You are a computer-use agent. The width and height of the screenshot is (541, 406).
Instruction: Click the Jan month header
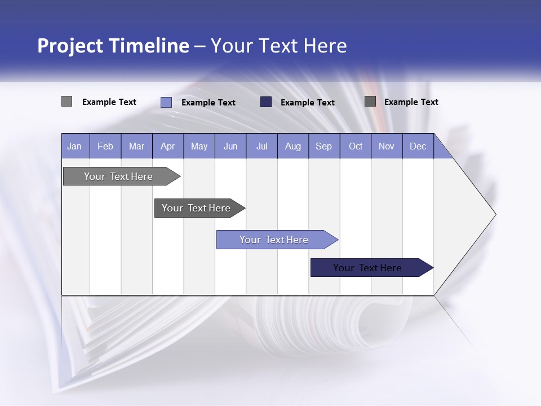(x=74, y=146)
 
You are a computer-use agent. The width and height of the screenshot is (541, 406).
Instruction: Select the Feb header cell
(x=105, y=146)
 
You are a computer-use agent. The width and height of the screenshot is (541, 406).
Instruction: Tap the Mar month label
(x=136, y=146)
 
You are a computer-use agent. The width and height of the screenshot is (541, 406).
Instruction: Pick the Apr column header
(x=167, y=146)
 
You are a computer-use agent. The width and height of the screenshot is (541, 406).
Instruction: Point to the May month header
(x=199, y=146)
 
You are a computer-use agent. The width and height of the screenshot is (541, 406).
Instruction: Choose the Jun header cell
(x=230, y=146)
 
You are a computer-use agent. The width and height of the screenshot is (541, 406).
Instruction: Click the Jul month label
(x=261, y=146)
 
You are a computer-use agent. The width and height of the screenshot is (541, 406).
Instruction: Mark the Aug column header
(x=292, y=146)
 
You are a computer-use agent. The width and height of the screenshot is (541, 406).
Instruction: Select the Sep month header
(x=323, y=146)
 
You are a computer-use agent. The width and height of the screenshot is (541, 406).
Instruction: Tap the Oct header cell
(x=356, y=146)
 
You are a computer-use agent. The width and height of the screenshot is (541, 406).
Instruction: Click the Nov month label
(x=387, y=146)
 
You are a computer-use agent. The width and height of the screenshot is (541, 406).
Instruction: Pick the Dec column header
(x=418, y=146)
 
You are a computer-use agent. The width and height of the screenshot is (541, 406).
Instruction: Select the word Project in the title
(x=70, y=46)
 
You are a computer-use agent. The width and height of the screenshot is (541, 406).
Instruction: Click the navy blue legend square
(x=266, y=102)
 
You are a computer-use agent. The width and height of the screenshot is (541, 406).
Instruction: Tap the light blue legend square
(x=166, y=102)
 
